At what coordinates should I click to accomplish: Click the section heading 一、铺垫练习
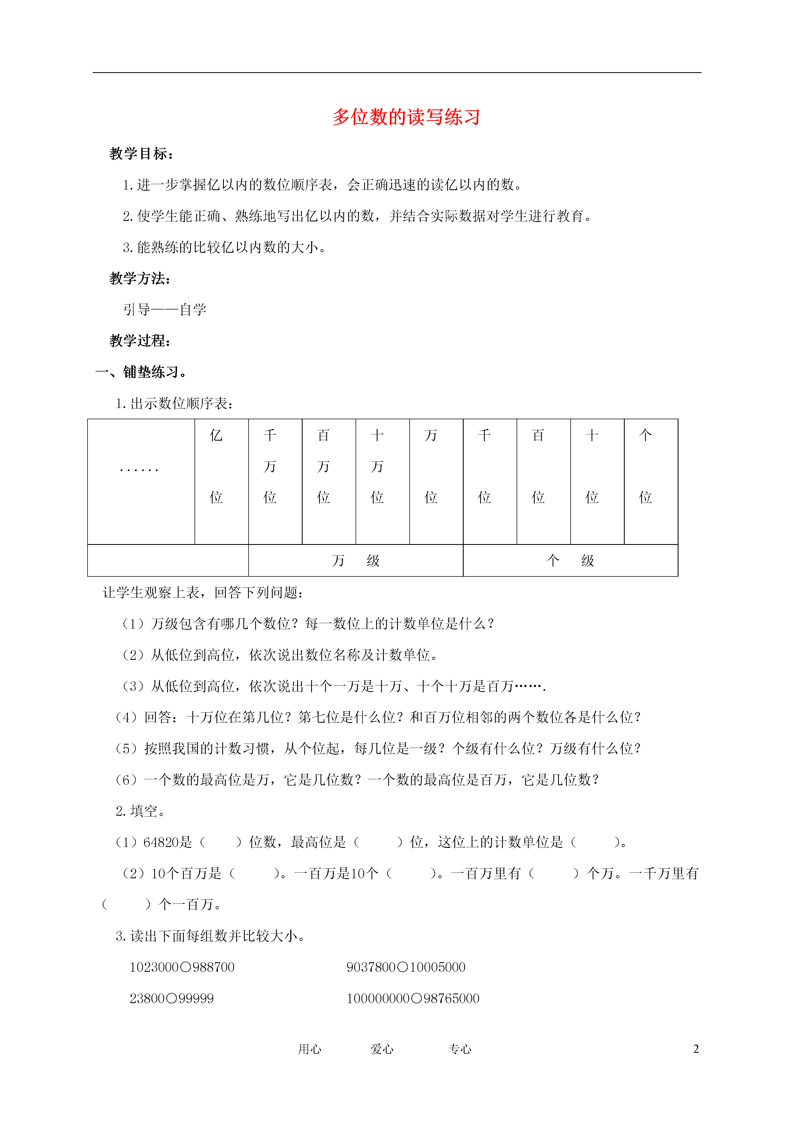141,372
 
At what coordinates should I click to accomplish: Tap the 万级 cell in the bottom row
356,561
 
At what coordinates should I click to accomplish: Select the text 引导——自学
165,309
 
